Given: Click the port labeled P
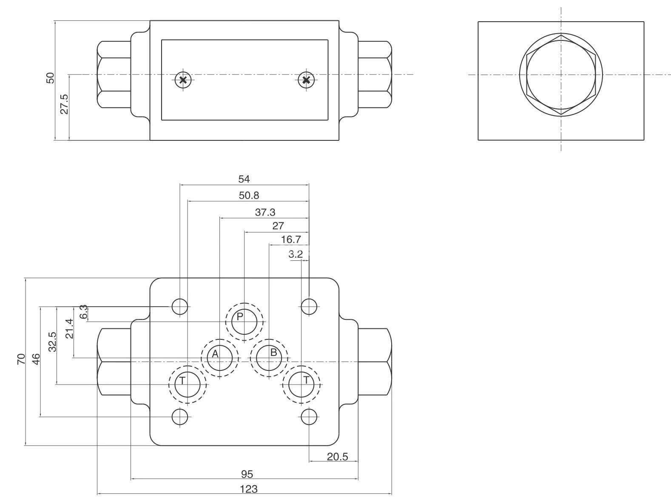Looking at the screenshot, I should tap(244, 322).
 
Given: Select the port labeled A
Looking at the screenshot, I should tap(219, 358).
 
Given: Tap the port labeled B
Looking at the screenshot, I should tap(269, 358).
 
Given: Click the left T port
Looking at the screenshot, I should tap(188, 384).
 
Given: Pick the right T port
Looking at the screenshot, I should tap(301, 384).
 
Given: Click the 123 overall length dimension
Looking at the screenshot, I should tap(249, 489).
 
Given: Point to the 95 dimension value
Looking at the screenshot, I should tap(247, 474).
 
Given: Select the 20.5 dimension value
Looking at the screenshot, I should tap(337, 457).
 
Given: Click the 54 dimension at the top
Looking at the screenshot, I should tap(244, 179).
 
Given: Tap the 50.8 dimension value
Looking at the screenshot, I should tap(249, 195).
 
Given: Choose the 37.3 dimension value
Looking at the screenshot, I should tap(265, 212).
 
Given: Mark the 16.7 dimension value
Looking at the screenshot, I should tap(291, 239).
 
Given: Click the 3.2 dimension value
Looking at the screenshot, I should tap(296, 254).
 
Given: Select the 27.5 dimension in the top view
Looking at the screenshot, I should tap(64, 104).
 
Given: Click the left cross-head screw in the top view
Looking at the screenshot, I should tap(183, 80).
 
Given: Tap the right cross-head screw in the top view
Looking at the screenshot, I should tap(306, 80).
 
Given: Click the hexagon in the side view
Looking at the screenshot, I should tap(561, 74).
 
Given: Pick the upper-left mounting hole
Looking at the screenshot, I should tap(180, 306).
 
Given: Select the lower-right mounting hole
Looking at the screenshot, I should tap(309, 417).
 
